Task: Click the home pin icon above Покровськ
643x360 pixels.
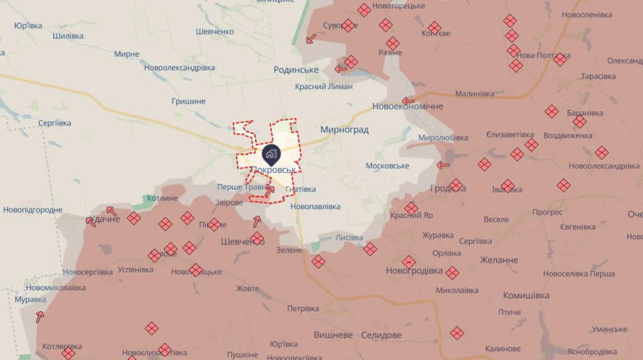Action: [271, 153]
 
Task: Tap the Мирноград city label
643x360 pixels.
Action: [344, 129]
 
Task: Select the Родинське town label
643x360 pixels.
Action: [296, 70]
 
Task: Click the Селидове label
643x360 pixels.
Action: [382, 335]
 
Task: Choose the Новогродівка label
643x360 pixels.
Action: [414, 271]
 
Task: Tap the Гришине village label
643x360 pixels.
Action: [188, 101]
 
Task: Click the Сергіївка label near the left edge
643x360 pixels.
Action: [55, 123]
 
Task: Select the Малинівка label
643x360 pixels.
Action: [475, 94]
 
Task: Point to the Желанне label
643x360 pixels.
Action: [500, 259]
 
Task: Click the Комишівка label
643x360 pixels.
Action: [526, 295]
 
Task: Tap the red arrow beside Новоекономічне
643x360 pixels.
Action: [409, 101]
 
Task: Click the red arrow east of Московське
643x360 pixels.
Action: [443, 165]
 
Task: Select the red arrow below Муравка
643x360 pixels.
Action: [40, 317]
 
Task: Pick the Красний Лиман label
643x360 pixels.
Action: [324, 87]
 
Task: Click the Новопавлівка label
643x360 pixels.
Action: [316, 206]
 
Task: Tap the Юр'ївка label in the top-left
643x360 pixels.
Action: [28, 26]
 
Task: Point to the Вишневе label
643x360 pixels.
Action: [333, 335]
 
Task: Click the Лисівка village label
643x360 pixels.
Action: [349, 237]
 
